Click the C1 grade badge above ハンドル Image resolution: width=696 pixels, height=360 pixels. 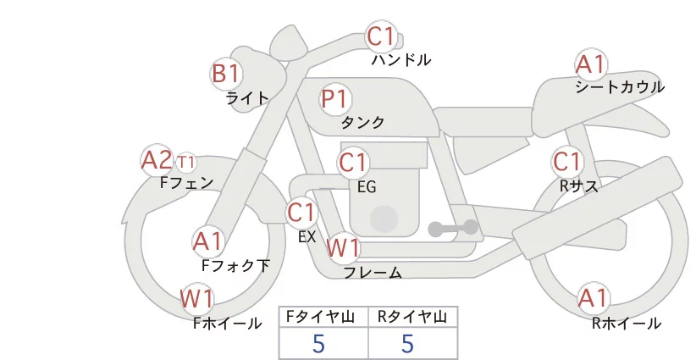[381, 37]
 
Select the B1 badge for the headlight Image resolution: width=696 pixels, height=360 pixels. [226, 74]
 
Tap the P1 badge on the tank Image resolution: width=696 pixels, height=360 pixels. [335, 99]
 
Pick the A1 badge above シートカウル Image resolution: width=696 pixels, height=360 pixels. [590, 64]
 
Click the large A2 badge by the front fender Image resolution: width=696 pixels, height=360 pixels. [157, 160]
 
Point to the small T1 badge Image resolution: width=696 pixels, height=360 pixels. [186, 161]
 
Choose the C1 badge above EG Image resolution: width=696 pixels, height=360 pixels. [353, 162]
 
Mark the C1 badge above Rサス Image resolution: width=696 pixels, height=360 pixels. [566, 162]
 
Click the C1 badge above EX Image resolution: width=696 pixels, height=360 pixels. [301, 212]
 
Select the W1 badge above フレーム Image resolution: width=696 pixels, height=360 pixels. [344, 248]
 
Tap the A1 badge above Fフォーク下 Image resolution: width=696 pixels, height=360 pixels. [207, 241]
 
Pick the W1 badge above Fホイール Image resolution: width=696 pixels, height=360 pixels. [196, 299]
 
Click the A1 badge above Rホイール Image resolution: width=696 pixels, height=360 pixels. [593, 298]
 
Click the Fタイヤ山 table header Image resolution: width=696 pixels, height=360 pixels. [323, 317]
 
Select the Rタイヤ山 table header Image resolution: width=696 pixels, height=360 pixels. [412, 317]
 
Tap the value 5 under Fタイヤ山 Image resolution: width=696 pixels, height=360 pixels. [318, 343]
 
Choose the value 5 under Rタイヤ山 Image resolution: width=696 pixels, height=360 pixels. [408, 343]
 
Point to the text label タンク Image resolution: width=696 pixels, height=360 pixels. [362, 123]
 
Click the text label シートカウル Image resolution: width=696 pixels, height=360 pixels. [620, 87]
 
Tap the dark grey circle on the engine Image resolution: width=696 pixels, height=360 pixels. [384, 218]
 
